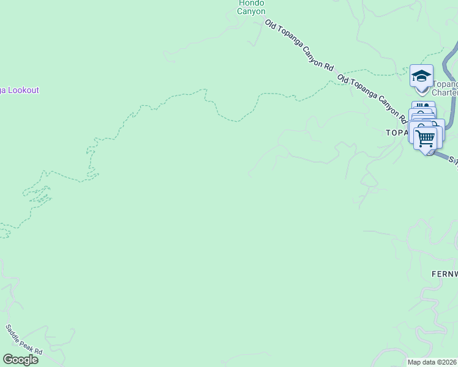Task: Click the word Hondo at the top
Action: point(252,3)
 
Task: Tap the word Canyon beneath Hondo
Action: point(252,11)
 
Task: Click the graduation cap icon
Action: point(421,75)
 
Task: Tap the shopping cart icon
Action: point(427,137)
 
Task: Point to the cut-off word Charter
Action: point(445,93)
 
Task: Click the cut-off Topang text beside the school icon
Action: point(446,84)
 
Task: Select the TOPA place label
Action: point(396,132)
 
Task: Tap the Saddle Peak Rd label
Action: point(24,339)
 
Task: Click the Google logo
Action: point(20,360)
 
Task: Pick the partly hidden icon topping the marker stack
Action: point(423,106)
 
